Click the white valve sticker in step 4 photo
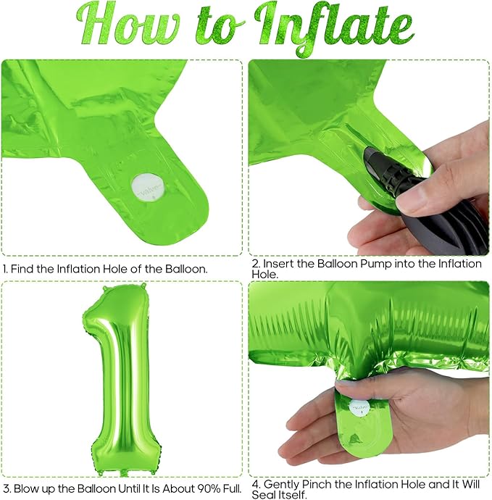click(x=359, y=408)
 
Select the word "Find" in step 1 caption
click(x=22, y=269)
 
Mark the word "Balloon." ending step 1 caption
click(x=186, y=269)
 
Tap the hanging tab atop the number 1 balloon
click(x=142, y=285)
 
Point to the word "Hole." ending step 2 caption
click(x=264, y=274)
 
